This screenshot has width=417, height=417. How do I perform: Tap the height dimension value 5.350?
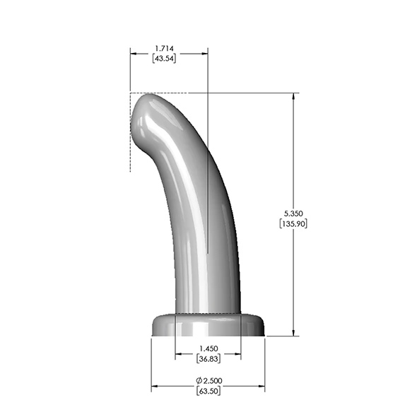[293, 213]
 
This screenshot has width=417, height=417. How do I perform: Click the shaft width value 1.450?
[208, 348]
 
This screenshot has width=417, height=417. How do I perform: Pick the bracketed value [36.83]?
[208, 359]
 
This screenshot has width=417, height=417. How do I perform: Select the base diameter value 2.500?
[212, 381]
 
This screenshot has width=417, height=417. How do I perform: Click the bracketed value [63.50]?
[208, 392]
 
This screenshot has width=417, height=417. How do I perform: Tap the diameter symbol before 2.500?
[199, 381]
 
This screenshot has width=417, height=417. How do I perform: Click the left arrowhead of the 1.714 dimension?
[133, 52]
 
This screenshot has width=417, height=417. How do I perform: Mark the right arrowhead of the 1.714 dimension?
[205, 52]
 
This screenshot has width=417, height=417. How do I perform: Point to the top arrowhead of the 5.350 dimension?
[293, 96]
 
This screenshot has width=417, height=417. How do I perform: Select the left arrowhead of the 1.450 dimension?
[177, 353]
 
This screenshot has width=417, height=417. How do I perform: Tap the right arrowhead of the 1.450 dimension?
[237, 353]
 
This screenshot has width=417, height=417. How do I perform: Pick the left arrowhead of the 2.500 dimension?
[155, 386]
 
